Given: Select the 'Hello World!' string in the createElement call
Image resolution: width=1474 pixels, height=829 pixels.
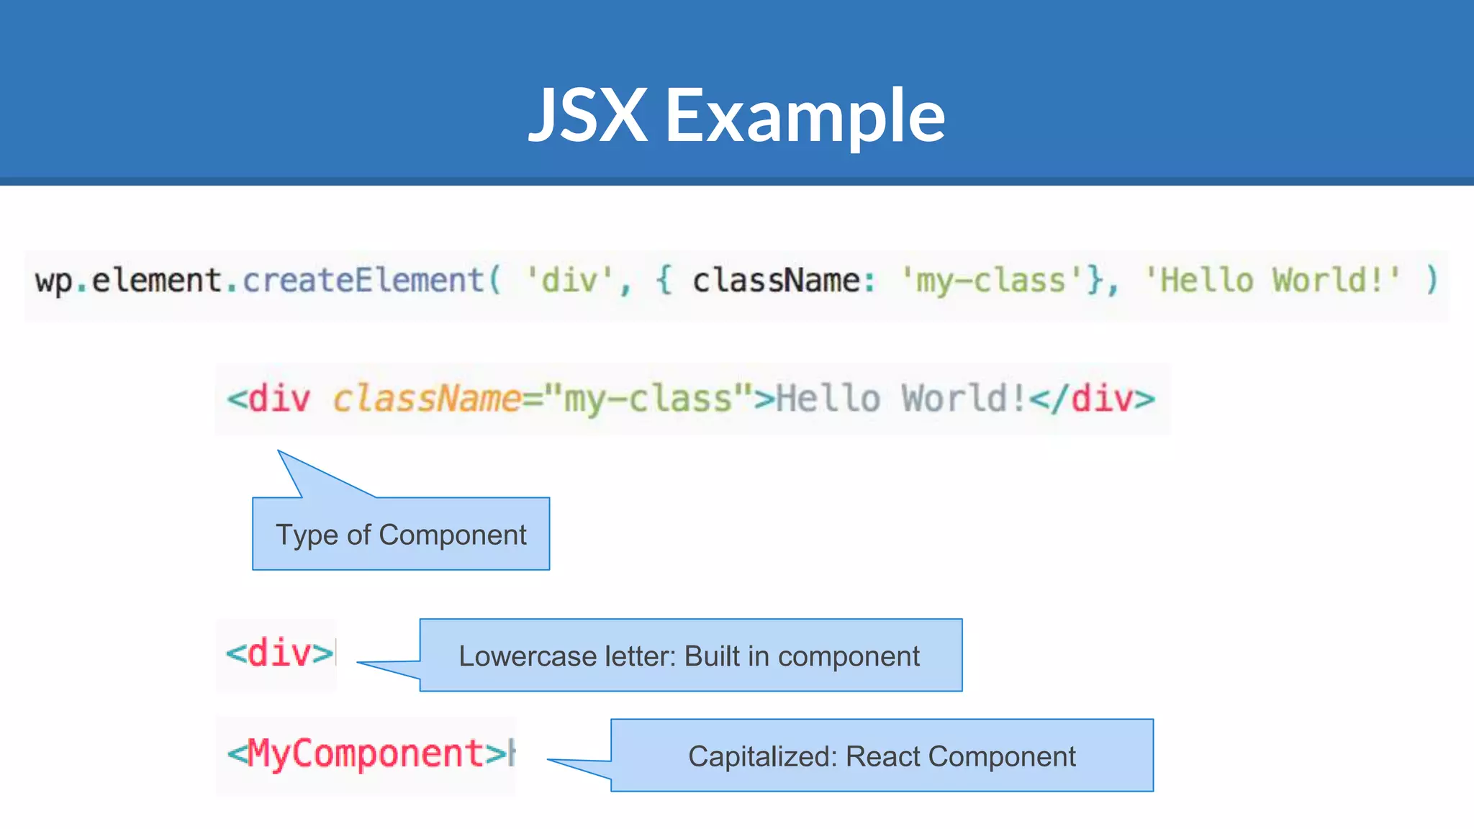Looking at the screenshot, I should click(1272, 280).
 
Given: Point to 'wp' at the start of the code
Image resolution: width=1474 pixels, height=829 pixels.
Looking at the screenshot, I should click(53, 281).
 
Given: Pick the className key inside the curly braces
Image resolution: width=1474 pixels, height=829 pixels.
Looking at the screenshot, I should click(776, 280).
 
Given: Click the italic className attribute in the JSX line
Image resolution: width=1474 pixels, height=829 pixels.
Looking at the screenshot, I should click(427, 399).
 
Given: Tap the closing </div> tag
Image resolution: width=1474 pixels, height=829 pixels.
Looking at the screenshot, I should click(1092, 399).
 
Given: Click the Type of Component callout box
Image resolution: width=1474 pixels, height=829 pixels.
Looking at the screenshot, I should click(401, 534).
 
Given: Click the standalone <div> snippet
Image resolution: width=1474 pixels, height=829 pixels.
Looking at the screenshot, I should click(279, 653).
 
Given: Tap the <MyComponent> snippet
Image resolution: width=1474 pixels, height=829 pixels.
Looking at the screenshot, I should click(367, 754).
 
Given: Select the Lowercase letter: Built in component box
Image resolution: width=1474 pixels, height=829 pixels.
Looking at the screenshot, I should click(690, 656).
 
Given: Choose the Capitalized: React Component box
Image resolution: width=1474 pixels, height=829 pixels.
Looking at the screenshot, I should click(882, 756).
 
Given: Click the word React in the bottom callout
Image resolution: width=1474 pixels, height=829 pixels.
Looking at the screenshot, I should click(883, 756).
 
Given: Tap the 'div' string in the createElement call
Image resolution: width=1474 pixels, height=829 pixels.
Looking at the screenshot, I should click(569, 280).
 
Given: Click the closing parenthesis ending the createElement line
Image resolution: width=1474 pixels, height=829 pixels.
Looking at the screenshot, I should click(1432, 280).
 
